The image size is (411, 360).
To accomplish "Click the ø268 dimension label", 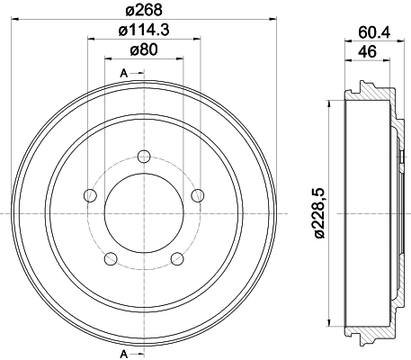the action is [144, 10].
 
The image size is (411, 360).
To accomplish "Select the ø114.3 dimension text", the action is [144, 31].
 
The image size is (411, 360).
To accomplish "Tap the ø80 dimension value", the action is [144, 50].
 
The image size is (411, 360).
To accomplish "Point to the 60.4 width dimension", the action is [374, 32].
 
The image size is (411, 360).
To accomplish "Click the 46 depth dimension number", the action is [367, 52].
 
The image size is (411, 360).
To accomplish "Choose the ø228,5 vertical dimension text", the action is [319, 213].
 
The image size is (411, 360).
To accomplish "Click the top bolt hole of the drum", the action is [144, 157].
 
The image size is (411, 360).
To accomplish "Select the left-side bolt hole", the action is [90, 195].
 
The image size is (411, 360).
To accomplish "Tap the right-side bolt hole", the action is [198, 195].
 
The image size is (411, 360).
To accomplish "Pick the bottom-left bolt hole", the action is [111, 258].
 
